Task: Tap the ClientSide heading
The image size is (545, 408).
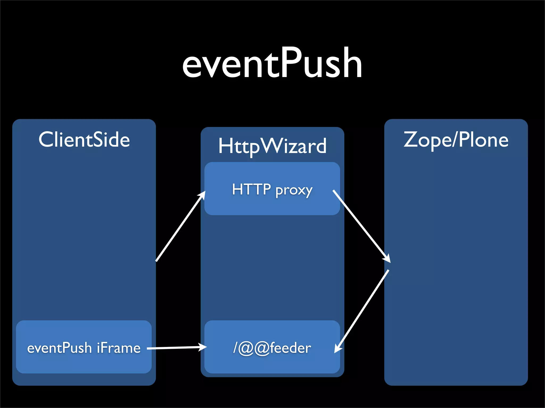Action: click(84, 140)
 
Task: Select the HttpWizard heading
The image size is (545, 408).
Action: click(272, 146)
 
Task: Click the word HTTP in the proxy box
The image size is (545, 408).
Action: click(251, 189)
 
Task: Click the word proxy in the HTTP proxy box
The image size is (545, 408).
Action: click(294, 190)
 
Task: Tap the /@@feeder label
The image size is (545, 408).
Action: click(272, 348)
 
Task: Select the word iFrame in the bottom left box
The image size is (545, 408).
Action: click(119, 348)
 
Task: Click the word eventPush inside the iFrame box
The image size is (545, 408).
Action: click(59, 348)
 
